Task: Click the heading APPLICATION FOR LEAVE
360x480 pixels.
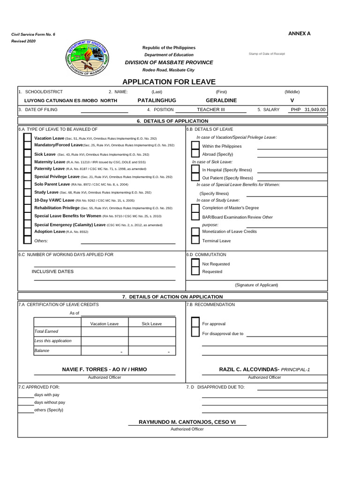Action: [169, 82]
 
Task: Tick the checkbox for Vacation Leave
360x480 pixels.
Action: [28, 138]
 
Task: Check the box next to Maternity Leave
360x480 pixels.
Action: [28, 161]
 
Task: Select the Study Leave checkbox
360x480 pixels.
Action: [28, 192]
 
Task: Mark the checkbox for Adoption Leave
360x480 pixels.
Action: [28, 232]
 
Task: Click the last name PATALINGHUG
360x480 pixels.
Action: [157, 100]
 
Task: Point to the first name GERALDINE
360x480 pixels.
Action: [221, 100]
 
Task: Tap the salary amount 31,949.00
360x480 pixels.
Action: [315, 110]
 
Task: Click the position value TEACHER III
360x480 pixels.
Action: [211, 110]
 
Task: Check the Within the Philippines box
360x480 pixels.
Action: [195, 146]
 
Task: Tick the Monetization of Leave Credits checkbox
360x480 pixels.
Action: [195, 232]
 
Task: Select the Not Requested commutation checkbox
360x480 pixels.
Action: [195, 263]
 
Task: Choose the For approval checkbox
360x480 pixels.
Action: [195, 323]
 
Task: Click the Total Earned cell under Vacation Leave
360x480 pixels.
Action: [105, 332]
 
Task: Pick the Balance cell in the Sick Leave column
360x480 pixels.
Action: [152, 351]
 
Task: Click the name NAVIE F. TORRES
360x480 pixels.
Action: [105, 369]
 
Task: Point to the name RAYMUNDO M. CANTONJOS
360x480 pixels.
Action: [187, 422]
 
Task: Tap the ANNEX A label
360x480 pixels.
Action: [299, 33]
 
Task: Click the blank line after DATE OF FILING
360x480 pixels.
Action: [104, 110]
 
